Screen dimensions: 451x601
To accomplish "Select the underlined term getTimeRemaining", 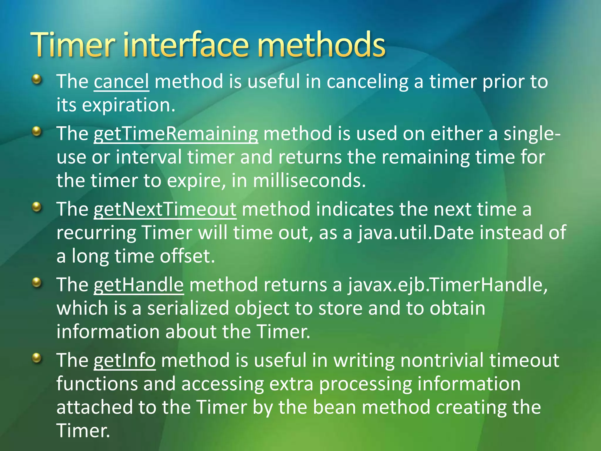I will pyautogui.click(x=176, y=134).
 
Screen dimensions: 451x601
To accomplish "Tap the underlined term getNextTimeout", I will pyautogui.click(x=165, y=210).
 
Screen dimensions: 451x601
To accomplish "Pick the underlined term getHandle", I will pyautogui.click(x=139, y=285).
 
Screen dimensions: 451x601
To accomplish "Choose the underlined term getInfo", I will pyautogui.click(x=124, y=361).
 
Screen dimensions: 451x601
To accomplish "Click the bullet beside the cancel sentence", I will pyautogui.click(x=37, y=79).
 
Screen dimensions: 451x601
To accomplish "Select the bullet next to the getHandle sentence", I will pyautogui.click(x=37, y=283).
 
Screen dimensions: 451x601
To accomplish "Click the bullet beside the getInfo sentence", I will pyautogui.click(x=37, y=358).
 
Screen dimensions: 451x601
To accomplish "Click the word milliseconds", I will pyautogui.click(x=309, y=180).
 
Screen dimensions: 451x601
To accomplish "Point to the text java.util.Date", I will pyautogui.click(x=416, y=233).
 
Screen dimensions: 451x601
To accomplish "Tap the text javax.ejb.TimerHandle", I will pyautogui.click(x=447, y=285).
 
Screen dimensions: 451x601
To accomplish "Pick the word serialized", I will pyautogui.click(x=188, y=308).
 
